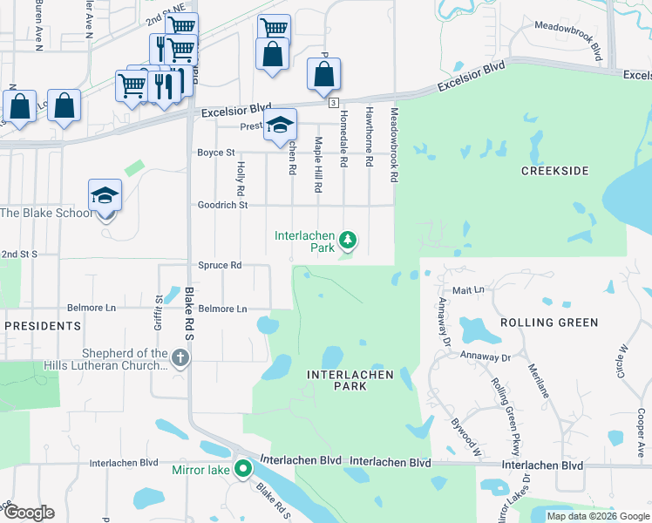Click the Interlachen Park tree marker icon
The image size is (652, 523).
click(348, 239)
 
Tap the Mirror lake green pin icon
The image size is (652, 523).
click(244, 469)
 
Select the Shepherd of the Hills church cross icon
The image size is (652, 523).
click(180, 357)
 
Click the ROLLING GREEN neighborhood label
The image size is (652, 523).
click(549, 323)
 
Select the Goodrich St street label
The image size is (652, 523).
click(223, 205)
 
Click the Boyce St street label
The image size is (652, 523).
click(216, 153)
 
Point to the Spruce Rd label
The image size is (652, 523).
click(223, 265)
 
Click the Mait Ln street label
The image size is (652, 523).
click(467, 289)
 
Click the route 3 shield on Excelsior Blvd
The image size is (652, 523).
click(334, 103)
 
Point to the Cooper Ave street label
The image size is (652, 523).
click(641, 432)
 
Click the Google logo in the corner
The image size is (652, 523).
click(28, 513)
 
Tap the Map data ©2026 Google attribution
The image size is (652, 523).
click(597, 516)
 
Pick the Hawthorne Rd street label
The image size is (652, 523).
click(370, 137)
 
